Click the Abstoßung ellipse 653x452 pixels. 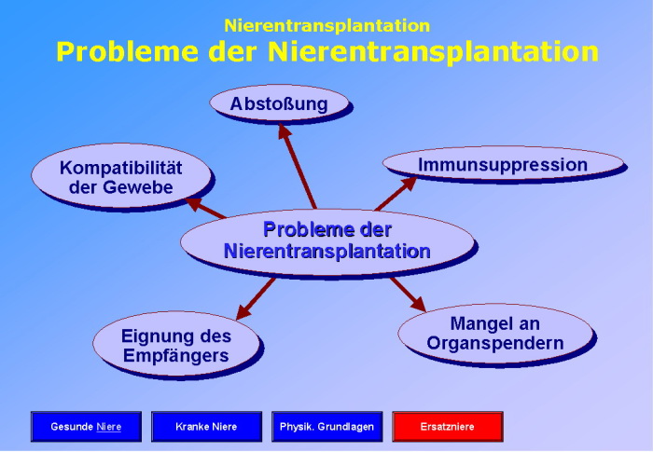(x=279, y=103)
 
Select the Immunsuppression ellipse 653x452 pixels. (x=503, y=165)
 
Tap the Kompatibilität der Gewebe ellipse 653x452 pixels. (x=120, y=177)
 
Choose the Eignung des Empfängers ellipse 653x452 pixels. (x=175, y=344)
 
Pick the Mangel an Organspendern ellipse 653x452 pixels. (x=495, y=333)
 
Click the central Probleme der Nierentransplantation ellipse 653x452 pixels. (x=326, y=240)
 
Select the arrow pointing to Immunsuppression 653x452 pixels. (x=396, y=194)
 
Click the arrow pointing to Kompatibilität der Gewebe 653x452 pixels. (x=205, y=208)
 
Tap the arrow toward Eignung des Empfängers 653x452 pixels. (x=257, y=297)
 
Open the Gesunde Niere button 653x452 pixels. (x=86, y=427)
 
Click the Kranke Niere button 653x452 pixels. (x=206, y=427)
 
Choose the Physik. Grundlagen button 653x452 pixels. (x=326, y=427)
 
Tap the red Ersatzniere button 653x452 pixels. (x=447, y=427)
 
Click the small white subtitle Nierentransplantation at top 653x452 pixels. (x=326, y=26)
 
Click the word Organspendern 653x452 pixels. (x=495, y=343)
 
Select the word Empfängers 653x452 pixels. (x=175, y=355)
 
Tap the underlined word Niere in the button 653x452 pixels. (x=108, y=427)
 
